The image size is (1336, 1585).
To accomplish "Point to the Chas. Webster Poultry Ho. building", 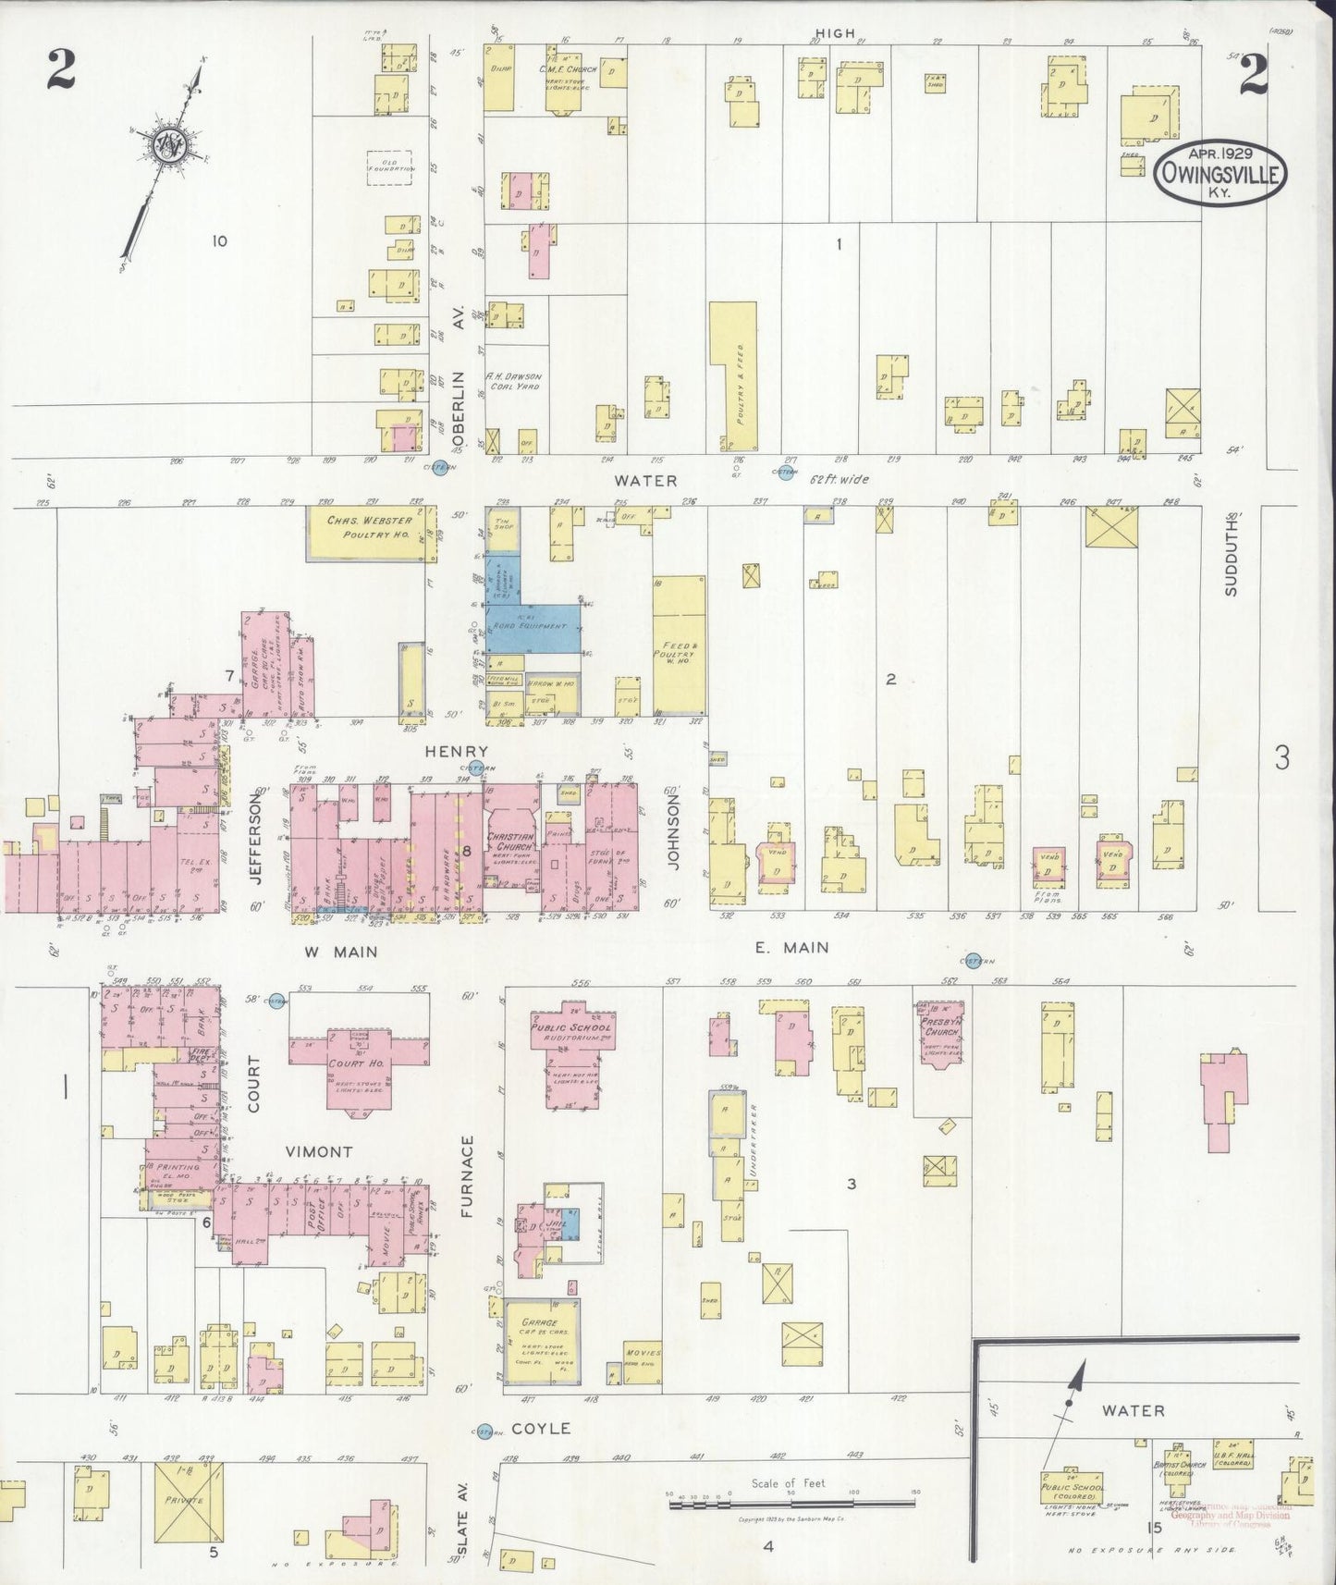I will (369, 532).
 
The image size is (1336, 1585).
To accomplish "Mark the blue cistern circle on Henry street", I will (476, 767).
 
